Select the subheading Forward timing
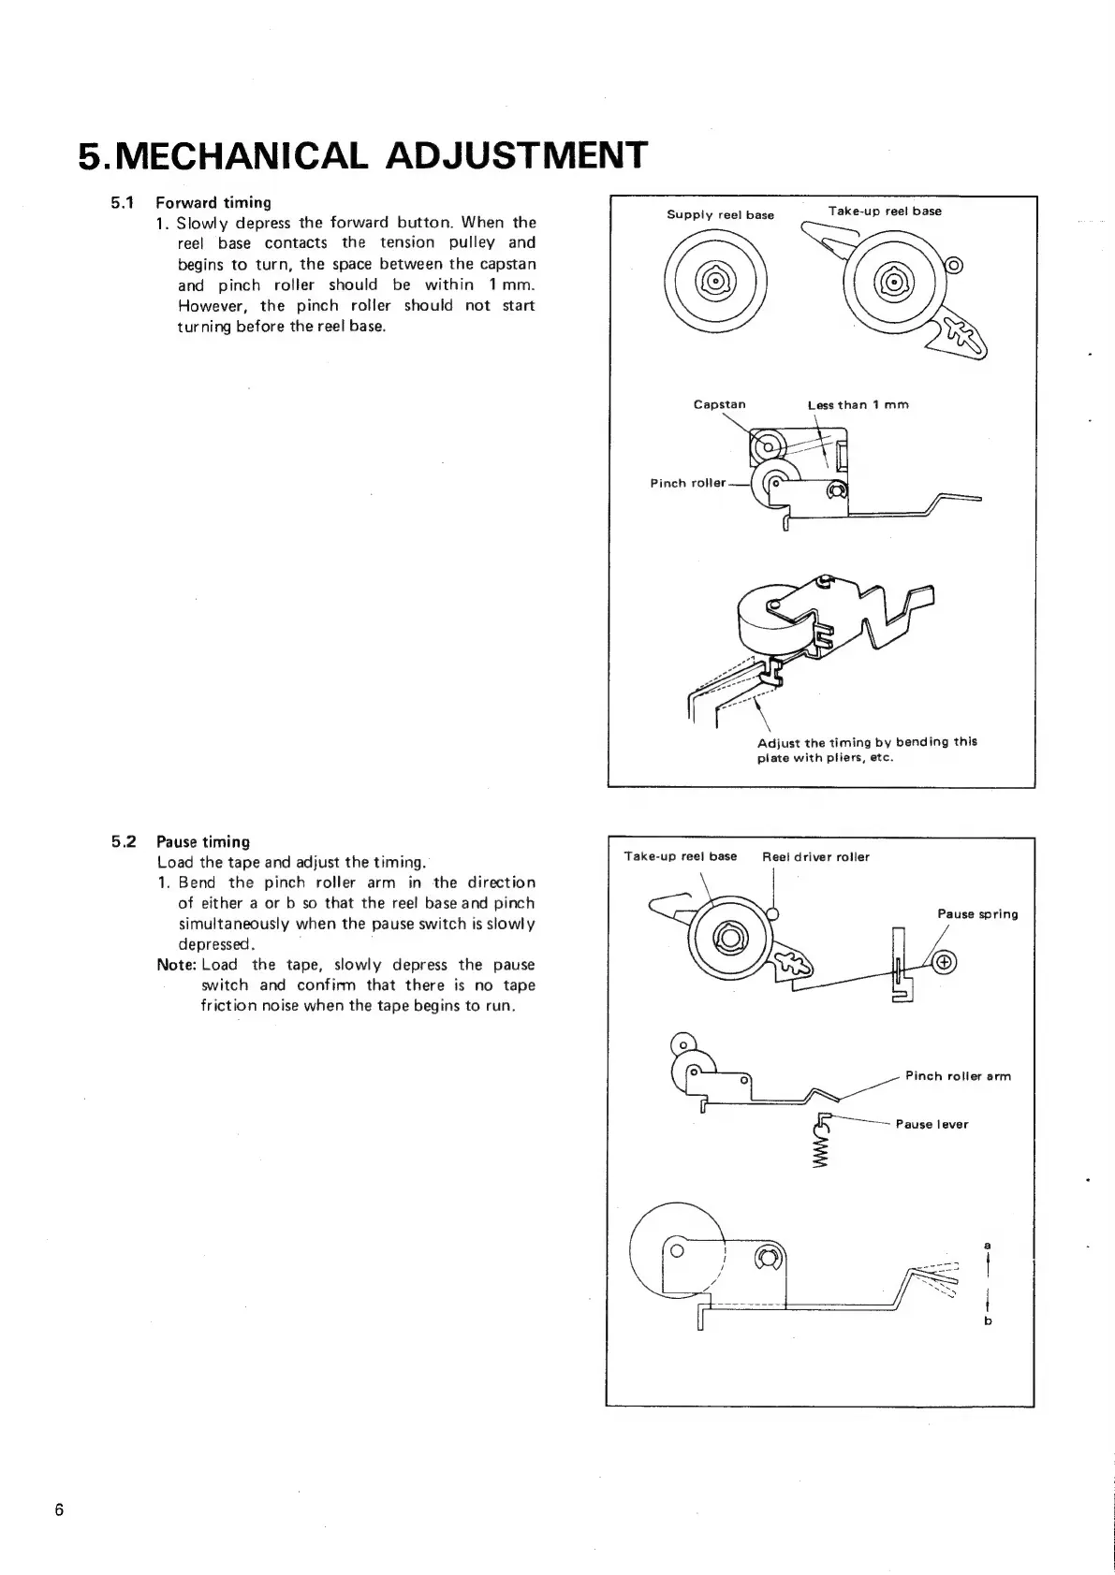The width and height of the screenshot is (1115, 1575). [213, 202]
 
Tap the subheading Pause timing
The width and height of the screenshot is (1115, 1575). [203, 841]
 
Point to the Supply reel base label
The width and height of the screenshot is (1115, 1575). [720, 215]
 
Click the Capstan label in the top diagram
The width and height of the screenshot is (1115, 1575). [719, 405]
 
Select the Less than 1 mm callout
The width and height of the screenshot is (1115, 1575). [858, 405]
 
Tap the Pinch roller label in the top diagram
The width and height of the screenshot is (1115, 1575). [687, 483]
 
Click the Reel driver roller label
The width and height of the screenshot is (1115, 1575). [815, 857]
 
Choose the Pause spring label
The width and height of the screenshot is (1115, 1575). [977, 914]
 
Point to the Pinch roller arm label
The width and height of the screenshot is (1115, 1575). [958, 1076]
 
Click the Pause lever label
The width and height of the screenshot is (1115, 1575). [932, 1125]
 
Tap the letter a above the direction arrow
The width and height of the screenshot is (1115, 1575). [988, 1245]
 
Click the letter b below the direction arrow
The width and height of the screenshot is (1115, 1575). [988, 1321]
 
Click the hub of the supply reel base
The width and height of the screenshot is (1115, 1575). [714, 281]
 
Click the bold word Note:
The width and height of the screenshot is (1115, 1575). [177, 965]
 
